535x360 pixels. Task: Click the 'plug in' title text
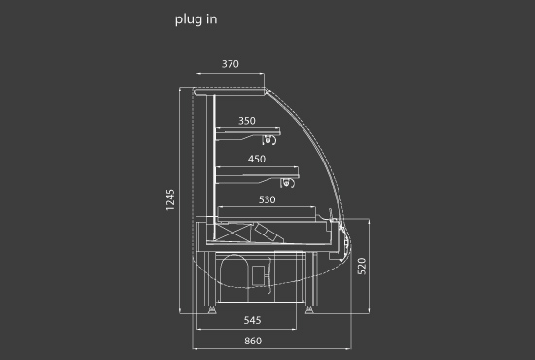point(196,19)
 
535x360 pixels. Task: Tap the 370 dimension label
point(231,64)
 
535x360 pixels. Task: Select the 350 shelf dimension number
point(247,121)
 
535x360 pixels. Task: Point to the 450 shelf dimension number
point(257,159)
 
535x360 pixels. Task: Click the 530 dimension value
point(267,199)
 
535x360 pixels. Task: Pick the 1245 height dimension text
point(170,199)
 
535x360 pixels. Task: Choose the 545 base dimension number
point(253,320)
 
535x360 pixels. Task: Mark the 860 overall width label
point(253,341)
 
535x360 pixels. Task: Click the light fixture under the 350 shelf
point(268,140)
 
